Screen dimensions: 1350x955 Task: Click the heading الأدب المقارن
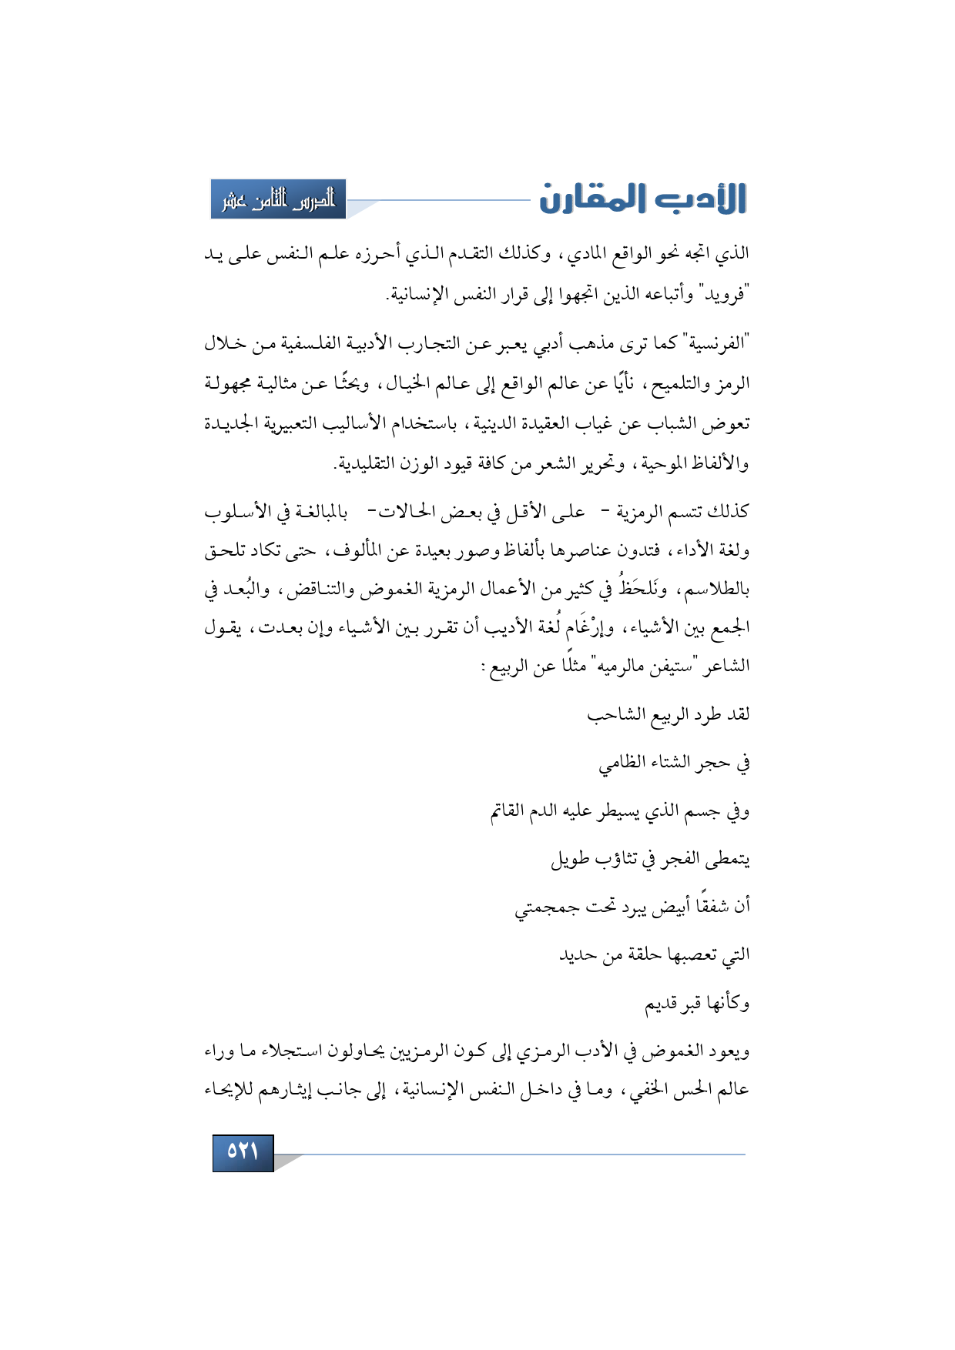coord(643,199)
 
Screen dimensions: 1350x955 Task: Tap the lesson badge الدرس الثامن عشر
coord(279,199)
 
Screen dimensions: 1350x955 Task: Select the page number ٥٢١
coord(243,1151)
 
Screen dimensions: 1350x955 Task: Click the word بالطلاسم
coord(717,590)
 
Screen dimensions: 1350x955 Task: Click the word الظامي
coord(622,764)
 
